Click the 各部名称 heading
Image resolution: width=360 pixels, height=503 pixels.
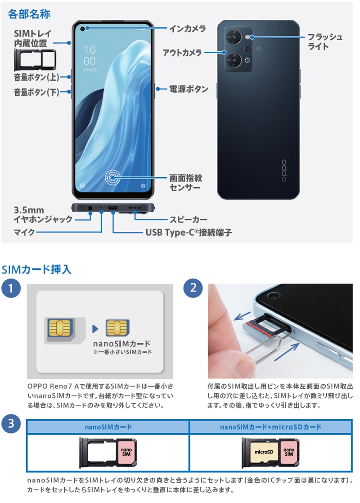(29, 14)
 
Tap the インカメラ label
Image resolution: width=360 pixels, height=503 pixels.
(187, 28)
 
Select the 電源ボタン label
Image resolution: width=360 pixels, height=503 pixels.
(189, 89)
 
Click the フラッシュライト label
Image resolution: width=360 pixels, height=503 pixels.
(325, 42)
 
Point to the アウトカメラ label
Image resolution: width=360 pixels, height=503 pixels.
(182, 52)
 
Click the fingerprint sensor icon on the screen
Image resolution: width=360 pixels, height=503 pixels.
(113, 177)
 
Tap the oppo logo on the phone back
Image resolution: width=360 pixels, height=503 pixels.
(284, 171)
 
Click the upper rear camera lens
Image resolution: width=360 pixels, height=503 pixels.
(234, 37)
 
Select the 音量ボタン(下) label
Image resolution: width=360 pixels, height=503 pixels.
(36, 92)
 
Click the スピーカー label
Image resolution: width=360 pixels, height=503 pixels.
(189, 220)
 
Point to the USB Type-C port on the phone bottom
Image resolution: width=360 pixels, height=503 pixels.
(113, 208)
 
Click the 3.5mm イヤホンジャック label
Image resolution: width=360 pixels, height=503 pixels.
(43, 215)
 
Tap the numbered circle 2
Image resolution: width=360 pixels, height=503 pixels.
(193, 288)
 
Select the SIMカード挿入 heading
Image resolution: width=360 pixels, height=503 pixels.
(36, 269)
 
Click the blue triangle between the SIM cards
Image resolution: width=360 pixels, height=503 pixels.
(95, 329)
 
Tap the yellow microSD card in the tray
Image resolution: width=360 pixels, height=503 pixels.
(264, 452)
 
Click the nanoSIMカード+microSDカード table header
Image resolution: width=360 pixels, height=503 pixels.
(270, 427)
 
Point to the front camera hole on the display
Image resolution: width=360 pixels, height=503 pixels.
(83, 29)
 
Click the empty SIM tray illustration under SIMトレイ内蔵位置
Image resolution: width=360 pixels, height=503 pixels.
(35, 60)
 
